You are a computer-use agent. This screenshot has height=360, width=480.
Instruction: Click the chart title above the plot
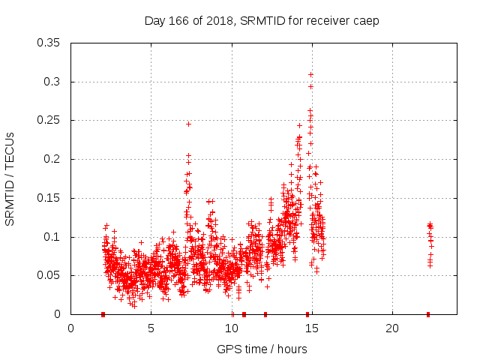tap(261, 20)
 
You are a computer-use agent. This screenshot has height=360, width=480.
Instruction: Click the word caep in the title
tap(366, 20)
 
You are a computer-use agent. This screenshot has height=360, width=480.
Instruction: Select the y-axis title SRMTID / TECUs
tap(10, 178)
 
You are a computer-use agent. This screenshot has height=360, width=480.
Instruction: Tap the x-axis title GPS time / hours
tap(262, 349)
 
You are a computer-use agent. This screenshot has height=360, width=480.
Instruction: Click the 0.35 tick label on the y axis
tap(50, 43)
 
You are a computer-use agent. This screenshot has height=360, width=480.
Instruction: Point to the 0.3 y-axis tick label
tap(54, 82)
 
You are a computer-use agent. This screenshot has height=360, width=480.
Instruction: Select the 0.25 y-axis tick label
tap(50, 120)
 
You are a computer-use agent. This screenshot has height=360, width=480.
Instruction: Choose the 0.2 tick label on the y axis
tap(54, 159)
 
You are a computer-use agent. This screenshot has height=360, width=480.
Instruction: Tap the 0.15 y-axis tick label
tap(50, 198)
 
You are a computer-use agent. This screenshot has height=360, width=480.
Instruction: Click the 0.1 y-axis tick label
tap(54, 237)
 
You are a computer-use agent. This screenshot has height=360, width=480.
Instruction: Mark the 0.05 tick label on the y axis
tap(50, 275)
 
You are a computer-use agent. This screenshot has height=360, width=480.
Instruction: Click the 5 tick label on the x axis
tap(151, 328)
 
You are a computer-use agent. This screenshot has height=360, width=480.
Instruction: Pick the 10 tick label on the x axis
tap(232, 328)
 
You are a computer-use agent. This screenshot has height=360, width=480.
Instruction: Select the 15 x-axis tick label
tap(312, 328)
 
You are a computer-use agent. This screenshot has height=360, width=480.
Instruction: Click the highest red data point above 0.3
tap(310, 74)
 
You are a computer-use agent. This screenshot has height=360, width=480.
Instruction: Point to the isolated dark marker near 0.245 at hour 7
tap(188, 124)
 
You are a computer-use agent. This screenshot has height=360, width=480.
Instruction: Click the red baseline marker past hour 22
tap(428, 314)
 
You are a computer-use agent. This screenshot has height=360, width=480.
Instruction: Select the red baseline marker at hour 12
tap(265, 314)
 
